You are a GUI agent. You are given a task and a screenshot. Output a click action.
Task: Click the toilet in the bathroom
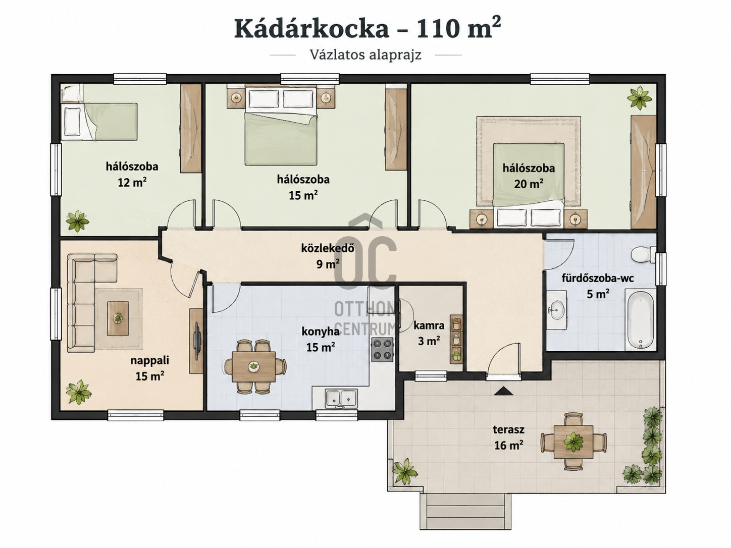pos(644,255)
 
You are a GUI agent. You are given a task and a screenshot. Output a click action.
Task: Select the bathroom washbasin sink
pos(556,310)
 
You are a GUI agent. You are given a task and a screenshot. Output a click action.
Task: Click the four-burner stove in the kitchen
pos(382,350)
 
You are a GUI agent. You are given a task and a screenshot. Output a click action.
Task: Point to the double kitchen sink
pos(341,399)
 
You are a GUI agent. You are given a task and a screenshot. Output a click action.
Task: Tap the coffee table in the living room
pos(118,318)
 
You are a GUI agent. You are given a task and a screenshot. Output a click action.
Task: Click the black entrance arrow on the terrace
pos(503,391)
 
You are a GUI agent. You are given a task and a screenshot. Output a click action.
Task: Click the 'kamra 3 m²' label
pos(429,333)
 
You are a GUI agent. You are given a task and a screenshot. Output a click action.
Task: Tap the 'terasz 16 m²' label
pos(508,437)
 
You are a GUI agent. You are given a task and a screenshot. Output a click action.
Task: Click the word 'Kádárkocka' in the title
pos(311,29)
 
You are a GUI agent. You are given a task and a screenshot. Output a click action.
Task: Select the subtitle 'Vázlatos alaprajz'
pos(365,55)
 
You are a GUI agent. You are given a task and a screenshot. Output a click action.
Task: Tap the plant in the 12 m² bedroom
pos(78,221)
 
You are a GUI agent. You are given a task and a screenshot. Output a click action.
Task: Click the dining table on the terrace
pos(573,442)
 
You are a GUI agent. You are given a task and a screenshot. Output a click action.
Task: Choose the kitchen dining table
pos(254,367)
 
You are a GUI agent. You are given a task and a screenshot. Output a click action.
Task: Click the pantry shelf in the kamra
pos(456,339)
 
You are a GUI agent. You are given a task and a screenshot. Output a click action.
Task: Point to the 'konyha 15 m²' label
pos(321,340)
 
